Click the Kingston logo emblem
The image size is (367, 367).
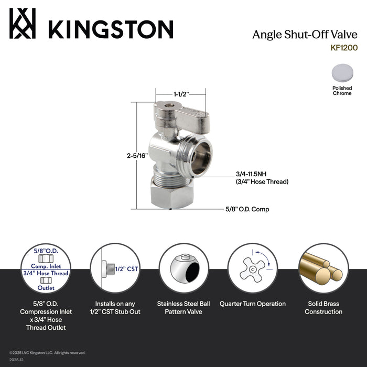pyautogui.click(x=23, y=23)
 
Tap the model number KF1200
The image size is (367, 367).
pyautogui.click(x=344, y=47)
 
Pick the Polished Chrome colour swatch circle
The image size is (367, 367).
pyautogui.click(x=342, y=73)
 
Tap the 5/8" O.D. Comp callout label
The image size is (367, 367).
pyautogui.click(x=247, y=209)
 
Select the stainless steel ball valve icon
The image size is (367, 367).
pyautogui.click(x=183, y=268)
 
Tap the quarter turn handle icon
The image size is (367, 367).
pyautogui.click(x=252, y=268)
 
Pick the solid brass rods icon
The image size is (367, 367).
pyautogui.click(x=321, y=268)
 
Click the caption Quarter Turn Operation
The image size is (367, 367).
pyautogui.click(x=252, y=304)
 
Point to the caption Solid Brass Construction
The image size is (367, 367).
pyautogui.click(x=321, y=308)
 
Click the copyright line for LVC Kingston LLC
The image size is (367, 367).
pyautogui.click(x=47, y=353)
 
